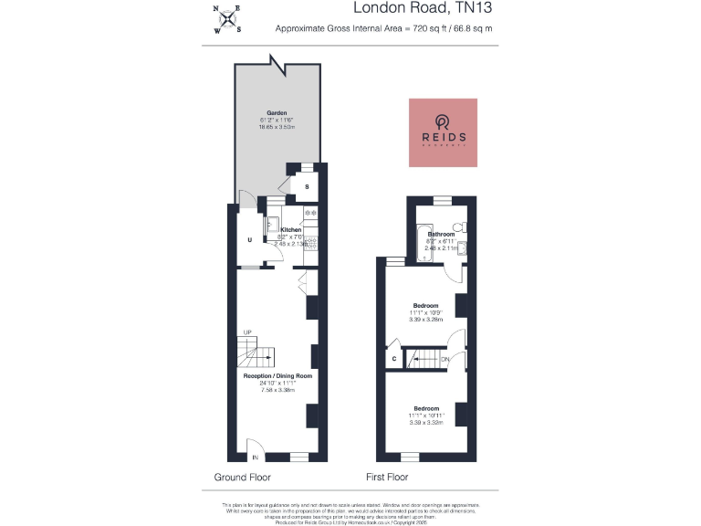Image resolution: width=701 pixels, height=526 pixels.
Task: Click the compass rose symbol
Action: click(227, 19)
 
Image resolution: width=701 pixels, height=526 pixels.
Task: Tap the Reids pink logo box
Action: click(443, 132)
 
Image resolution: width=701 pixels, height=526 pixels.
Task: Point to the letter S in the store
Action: click(307, 187)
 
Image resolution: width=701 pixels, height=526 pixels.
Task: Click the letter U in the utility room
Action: click(249, 240)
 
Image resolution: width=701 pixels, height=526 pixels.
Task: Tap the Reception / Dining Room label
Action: click(277, 375)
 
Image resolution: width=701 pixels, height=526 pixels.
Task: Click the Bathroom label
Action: click(442, 235)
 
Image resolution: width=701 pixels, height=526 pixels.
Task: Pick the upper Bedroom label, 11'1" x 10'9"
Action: click(425, 305)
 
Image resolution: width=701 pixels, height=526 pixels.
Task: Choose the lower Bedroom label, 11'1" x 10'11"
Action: click(425, 408)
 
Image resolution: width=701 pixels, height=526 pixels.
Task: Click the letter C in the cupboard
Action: click(393, 360)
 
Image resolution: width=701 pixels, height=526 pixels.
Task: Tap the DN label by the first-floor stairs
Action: click(445, 360)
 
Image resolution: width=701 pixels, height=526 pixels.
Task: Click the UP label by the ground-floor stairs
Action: click(246, 331)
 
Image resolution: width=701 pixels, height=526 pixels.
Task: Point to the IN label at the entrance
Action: click(256, 457)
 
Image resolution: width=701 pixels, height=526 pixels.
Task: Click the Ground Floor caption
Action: click(242, 478)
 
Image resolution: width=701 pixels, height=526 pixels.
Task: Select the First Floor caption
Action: click(387, 478)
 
